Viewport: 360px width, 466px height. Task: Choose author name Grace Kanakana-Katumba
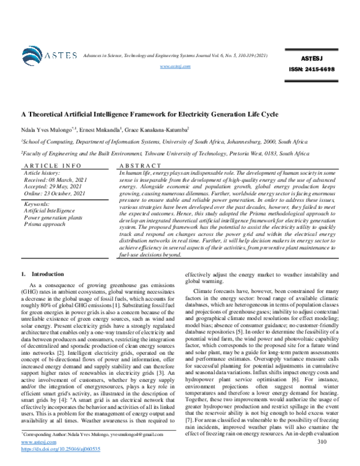tap(158, 129)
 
